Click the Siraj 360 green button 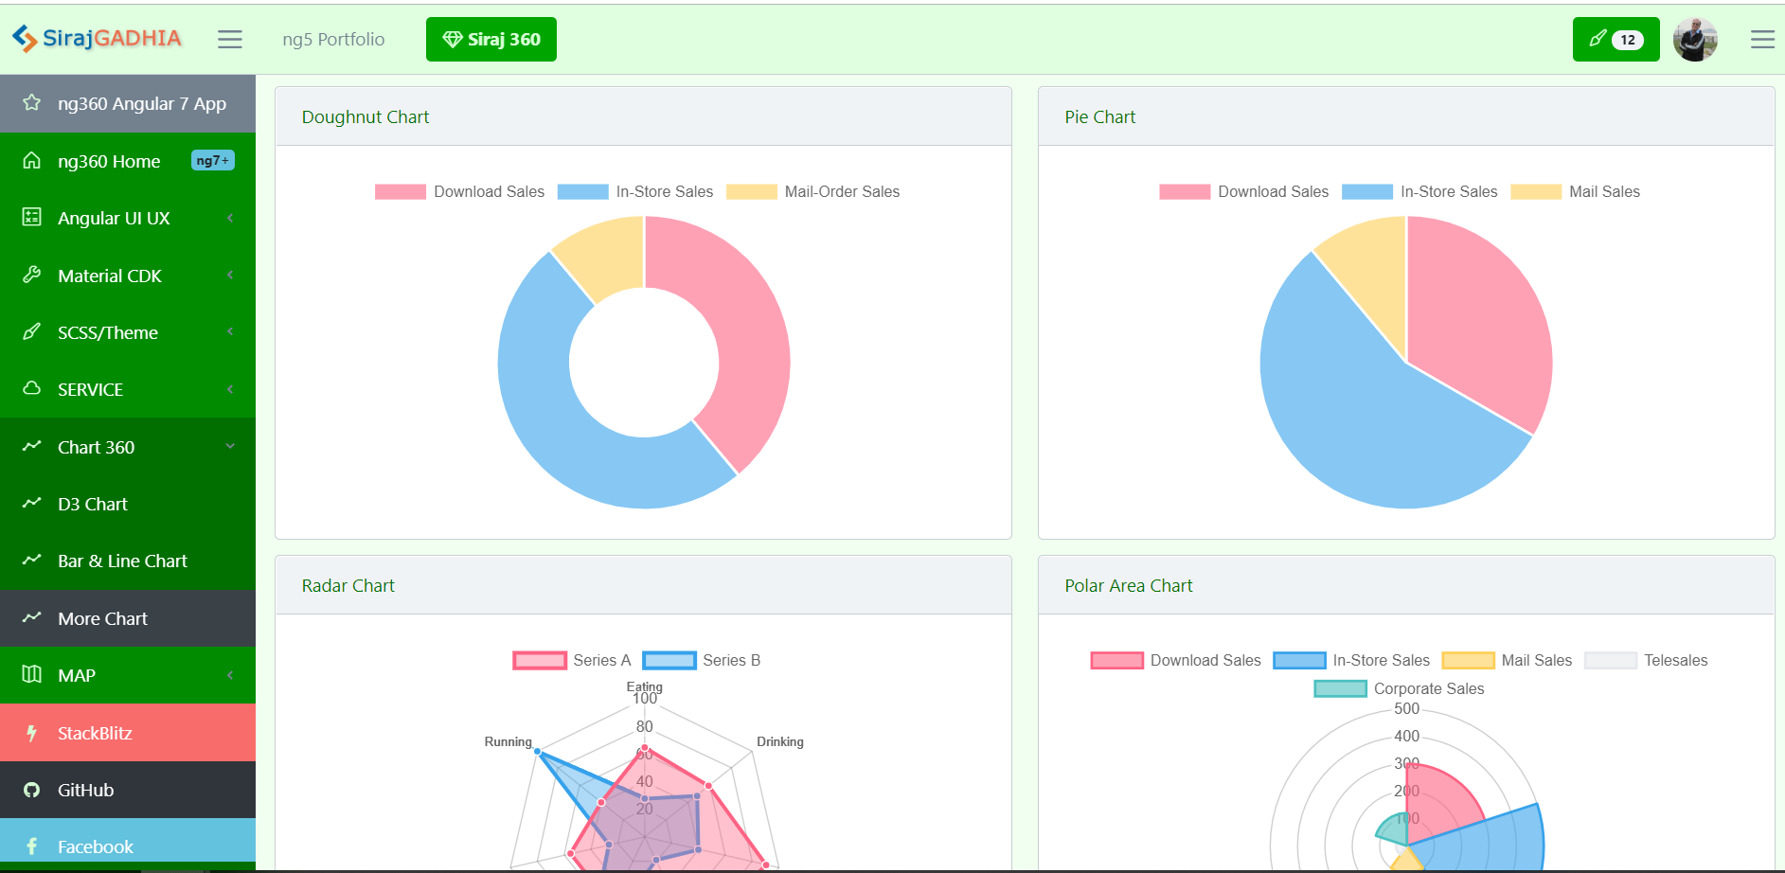(491, 39)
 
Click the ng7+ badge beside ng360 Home (213, 161)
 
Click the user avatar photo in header (1695, 40)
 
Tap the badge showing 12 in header (1627, 40)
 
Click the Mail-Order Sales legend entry (812, 191)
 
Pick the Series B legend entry (702, 660)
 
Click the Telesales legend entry (1646, 660)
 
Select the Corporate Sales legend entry (1399, 688)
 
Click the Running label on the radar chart (508, 741)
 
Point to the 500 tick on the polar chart (1406, 708)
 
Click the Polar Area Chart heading (1128, 585)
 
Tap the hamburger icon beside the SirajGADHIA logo (230, 39)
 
